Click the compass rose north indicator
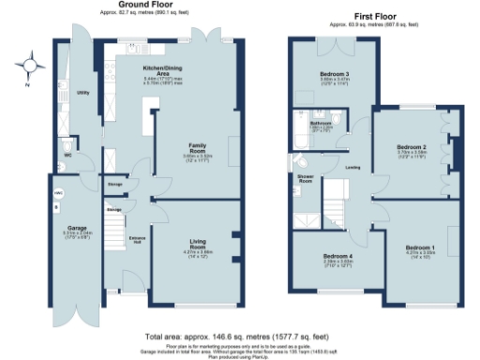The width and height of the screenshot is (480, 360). point(35,66)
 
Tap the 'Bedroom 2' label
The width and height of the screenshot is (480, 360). point(411,148)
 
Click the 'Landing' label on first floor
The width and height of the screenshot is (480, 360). point(353,168)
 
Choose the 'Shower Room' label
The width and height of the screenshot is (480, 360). point(305,179)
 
